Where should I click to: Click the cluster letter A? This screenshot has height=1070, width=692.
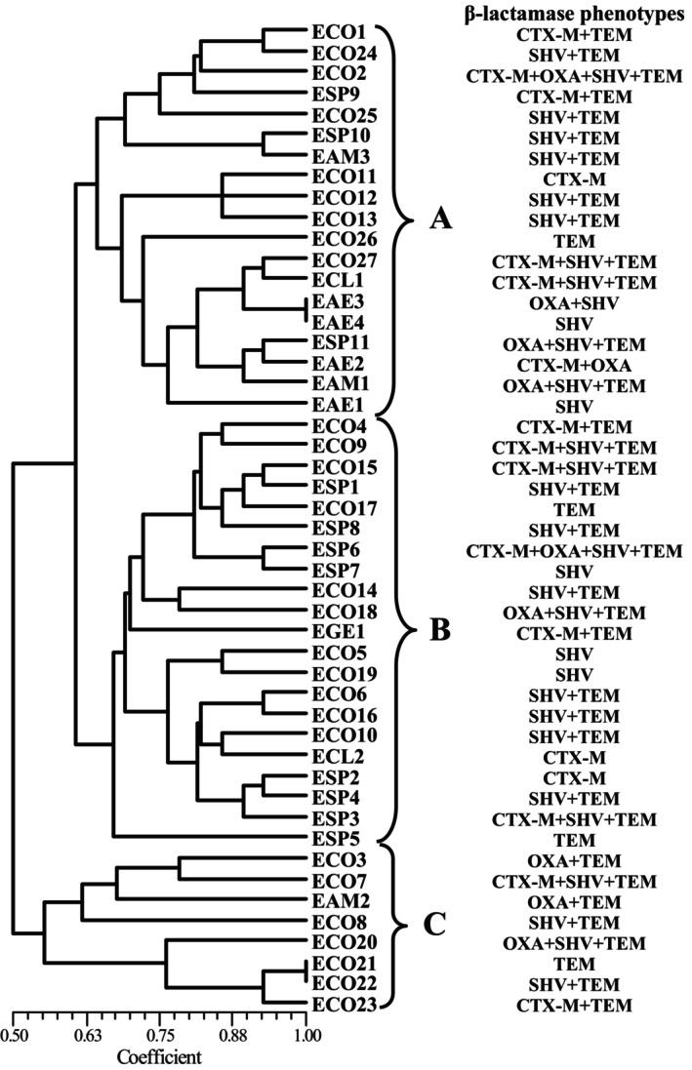441,219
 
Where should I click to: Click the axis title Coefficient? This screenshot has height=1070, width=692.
160,1056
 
